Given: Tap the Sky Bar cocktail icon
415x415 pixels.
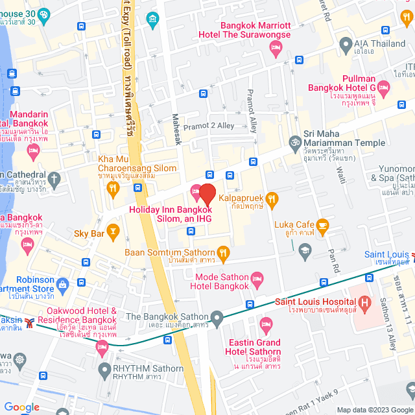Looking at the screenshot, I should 113,230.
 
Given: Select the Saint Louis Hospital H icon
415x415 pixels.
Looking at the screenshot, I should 364,302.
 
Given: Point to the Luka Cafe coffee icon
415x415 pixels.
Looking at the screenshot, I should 322,225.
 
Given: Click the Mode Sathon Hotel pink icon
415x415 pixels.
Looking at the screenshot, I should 257,279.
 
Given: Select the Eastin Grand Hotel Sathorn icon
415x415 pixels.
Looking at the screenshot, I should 265,323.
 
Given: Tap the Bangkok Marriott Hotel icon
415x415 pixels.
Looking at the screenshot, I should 276,47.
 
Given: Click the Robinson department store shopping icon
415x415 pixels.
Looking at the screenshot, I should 62,283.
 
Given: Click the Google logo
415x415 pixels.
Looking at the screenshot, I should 21,407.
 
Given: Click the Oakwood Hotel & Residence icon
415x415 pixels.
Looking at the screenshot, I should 102,348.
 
